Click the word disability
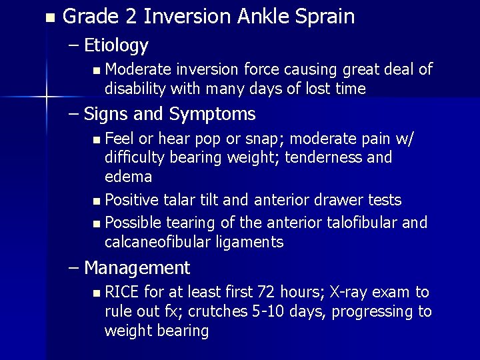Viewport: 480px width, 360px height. coord(134,89)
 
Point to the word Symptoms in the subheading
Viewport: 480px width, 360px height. coord(212,114)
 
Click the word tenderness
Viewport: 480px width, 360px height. coord(346,157)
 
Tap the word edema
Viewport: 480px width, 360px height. coord(128,177)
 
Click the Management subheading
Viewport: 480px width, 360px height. coord(137,268)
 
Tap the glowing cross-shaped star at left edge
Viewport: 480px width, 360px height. coord(46,98)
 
